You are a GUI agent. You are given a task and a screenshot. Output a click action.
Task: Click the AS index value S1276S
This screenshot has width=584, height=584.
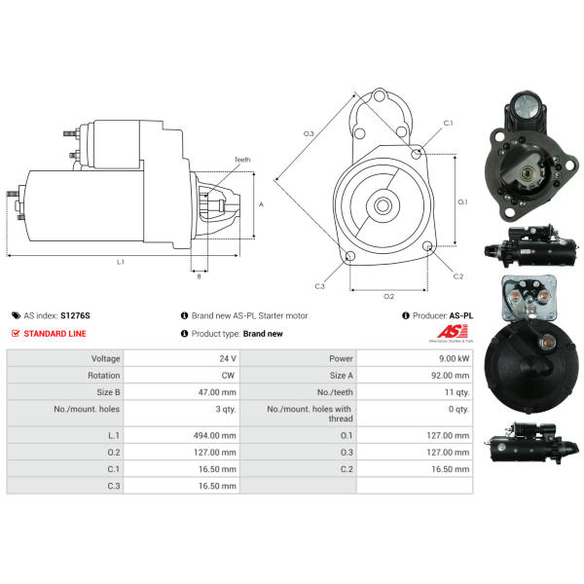click(x=74, y=315)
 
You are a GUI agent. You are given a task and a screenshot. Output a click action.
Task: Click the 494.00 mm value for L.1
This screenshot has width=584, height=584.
click(x=215, y=435)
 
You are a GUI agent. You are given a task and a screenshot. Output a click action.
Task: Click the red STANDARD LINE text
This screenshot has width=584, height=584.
click(x=55, y=333)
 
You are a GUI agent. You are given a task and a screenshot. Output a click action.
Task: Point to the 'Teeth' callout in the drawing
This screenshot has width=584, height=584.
click(x=241, y=160)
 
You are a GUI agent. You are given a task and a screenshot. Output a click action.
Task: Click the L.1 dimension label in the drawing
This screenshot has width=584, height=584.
click(x=121, y=262)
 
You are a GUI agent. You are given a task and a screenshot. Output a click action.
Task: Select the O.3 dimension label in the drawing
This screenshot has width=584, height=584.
click(x=309, y=132)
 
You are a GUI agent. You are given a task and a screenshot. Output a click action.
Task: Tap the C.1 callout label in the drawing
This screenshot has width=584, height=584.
click(x=448, y=124)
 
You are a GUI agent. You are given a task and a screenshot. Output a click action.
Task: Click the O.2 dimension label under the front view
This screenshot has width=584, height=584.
click(x=388, y=296)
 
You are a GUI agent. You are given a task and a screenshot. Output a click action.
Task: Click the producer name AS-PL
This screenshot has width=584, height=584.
click(x=460, y=315)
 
